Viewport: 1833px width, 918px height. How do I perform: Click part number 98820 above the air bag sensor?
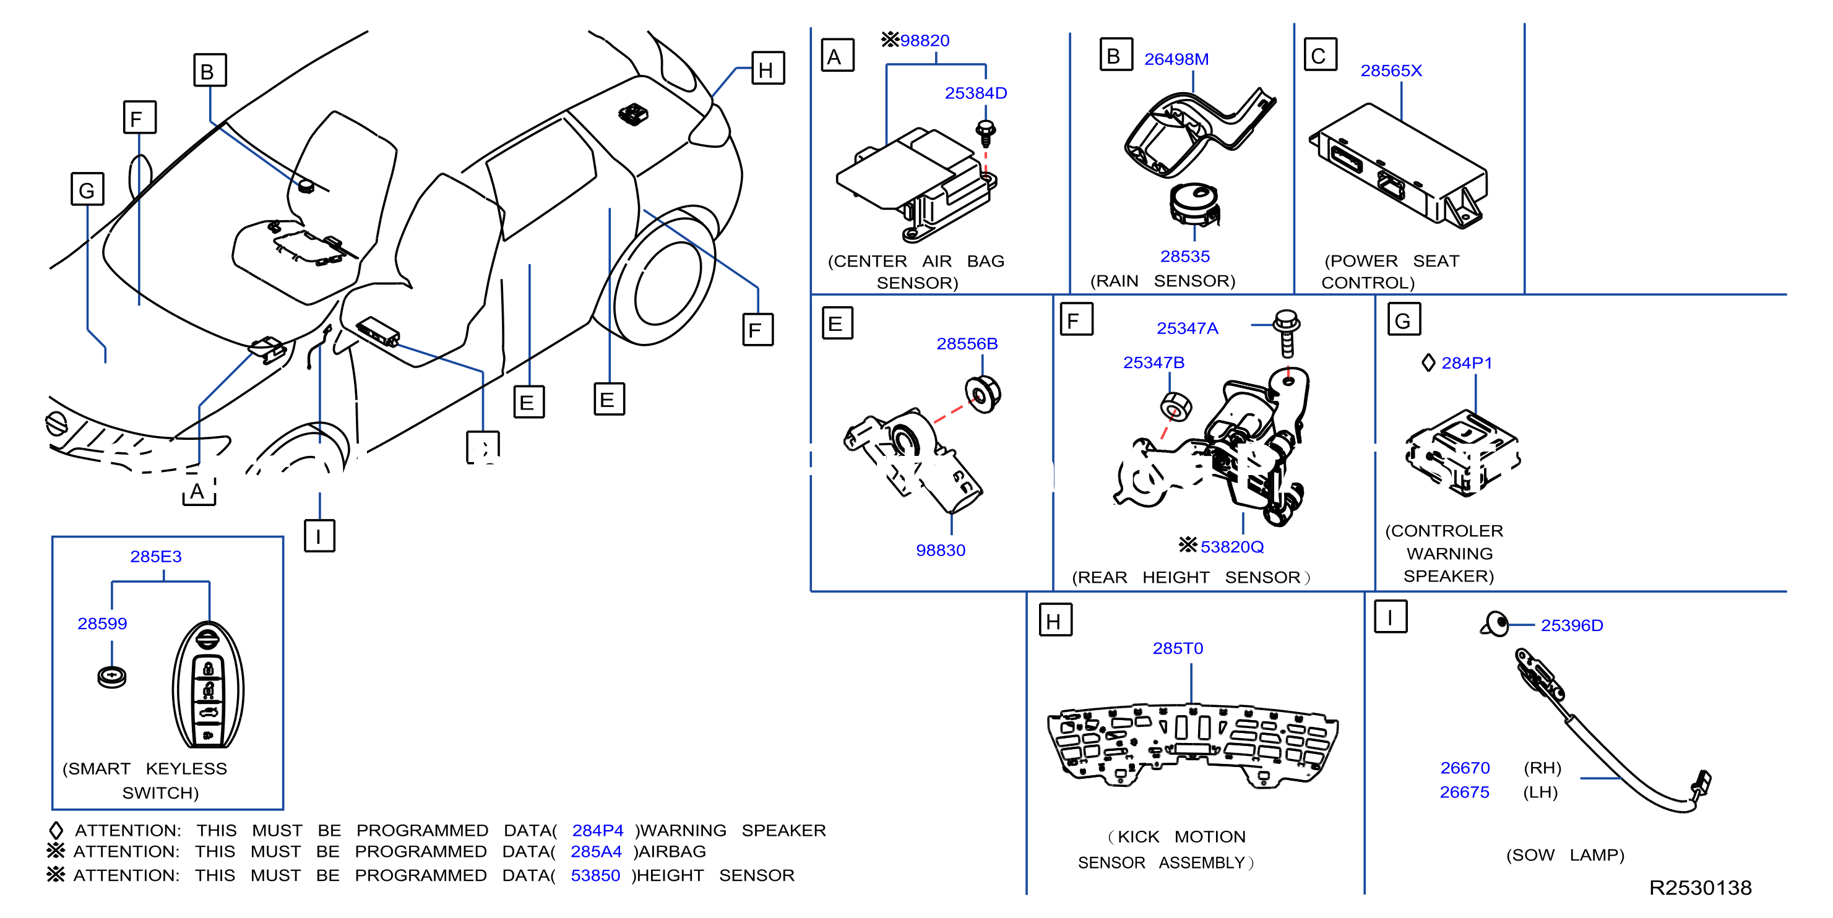(x=925, y=41)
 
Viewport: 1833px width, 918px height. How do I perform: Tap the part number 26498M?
(x=1176, y=59)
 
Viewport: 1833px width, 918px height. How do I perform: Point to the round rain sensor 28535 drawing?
(x=1195, y=204)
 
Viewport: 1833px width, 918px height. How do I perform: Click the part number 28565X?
(x=1391, y=71)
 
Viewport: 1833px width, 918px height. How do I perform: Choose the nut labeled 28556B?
(x=983, y=394)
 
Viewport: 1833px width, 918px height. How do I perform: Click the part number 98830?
(x=941, y=550)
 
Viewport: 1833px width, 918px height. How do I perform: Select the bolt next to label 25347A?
(x=1287, y=333)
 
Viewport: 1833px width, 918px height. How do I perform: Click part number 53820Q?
(x=1231, y=547)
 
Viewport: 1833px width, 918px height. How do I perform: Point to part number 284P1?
(x=1467, y=362)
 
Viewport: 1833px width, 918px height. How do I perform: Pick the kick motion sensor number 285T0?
(x=1178, y=648)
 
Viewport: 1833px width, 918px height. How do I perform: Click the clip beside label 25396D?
(x=1495, y=624)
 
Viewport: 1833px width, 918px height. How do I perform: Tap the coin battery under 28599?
(x=112, y=676)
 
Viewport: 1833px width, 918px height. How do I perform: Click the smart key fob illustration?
(x=208, y=685)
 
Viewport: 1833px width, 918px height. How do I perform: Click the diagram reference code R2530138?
(x=1700, y=888)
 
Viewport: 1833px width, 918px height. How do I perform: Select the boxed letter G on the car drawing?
(x=87, y=189)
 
